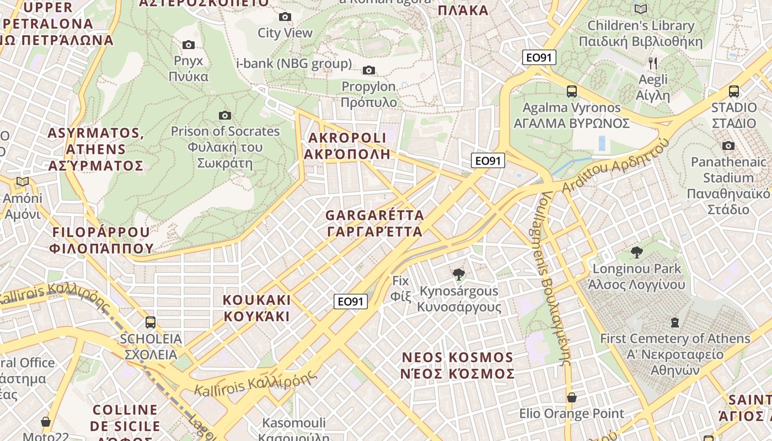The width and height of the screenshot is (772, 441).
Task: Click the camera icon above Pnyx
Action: (189, 45)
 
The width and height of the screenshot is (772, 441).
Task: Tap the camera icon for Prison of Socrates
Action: (225, 115)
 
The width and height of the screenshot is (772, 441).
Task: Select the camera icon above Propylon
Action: (369, 70)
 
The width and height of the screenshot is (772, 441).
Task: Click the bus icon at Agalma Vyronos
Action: (572, 92)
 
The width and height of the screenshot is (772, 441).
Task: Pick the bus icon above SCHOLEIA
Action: (151, 322)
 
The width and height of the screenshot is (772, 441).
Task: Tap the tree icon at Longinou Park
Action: (637, 252)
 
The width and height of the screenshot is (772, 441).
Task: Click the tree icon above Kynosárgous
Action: (458, 274)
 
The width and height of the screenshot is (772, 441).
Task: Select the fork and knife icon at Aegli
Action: (653, 63)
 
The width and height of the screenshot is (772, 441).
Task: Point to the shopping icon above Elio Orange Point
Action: (572, 397)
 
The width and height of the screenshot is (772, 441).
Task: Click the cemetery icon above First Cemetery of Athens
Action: (675, 322)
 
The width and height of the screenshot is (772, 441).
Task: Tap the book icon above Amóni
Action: (23, 182)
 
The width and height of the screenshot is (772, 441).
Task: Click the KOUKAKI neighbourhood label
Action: (256, 308)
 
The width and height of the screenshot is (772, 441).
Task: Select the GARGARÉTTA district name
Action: (375, 223)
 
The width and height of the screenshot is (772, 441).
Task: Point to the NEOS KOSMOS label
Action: (458, 365)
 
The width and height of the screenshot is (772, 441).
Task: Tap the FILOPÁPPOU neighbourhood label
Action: (100, 240)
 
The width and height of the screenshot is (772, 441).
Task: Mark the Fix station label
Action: (401, 288)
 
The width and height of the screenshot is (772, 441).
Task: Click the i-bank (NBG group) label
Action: (294, 63)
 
